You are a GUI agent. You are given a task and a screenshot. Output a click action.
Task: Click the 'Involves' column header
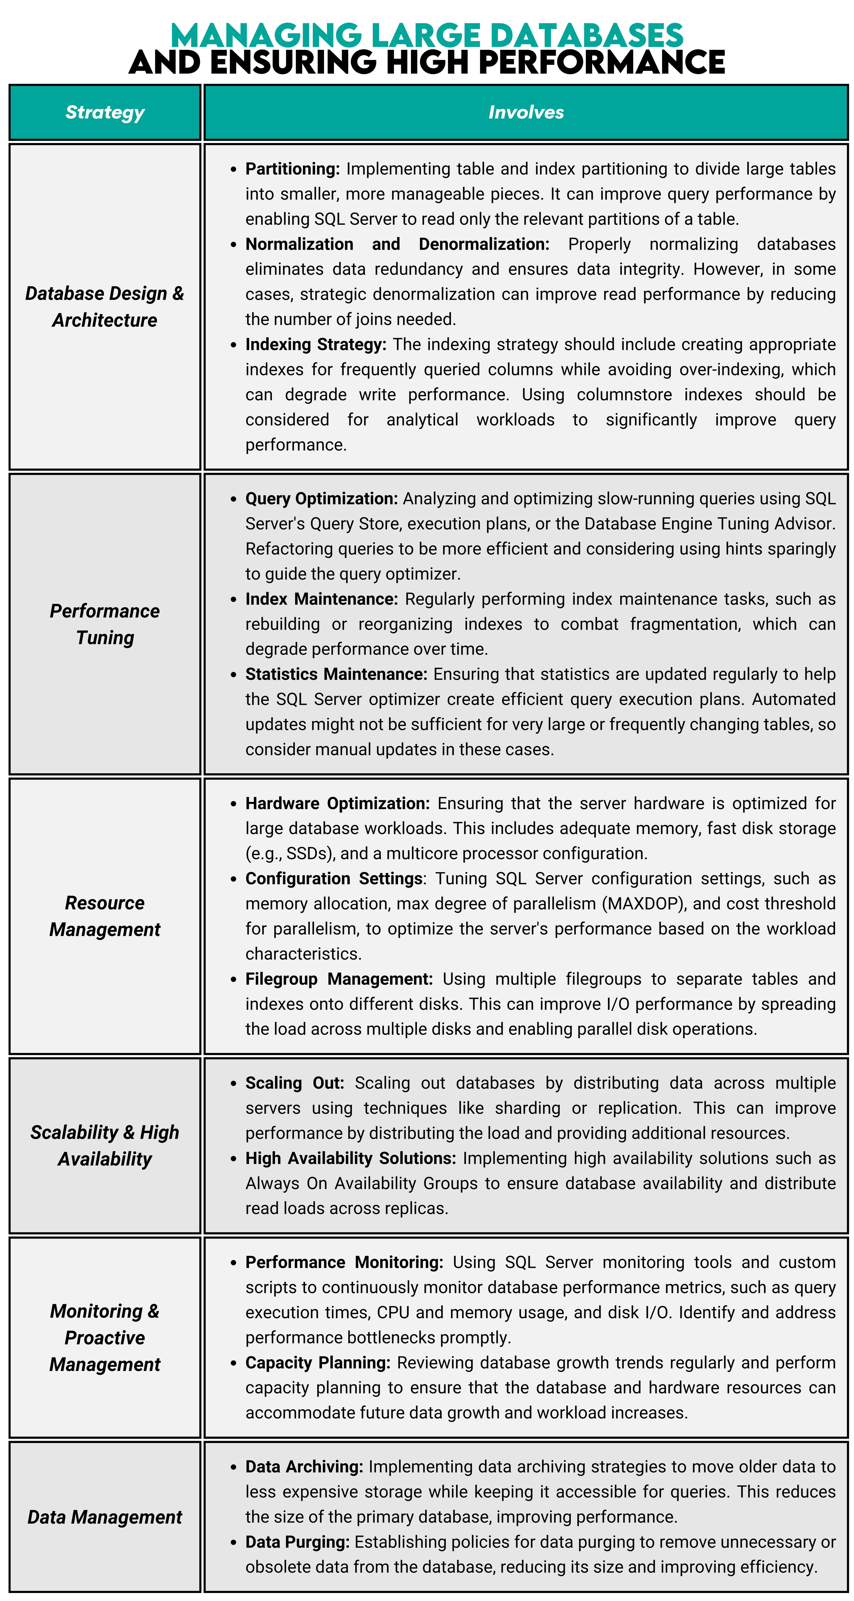pos(526,113)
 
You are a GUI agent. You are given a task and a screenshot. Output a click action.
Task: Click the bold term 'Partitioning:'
pos(292,169)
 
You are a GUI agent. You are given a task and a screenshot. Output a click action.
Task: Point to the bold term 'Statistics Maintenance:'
pos(336,674)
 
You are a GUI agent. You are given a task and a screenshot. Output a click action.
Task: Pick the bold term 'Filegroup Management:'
pos(339,979)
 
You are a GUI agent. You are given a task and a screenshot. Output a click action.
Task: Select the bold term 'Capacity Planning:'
pos(318,1363)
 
